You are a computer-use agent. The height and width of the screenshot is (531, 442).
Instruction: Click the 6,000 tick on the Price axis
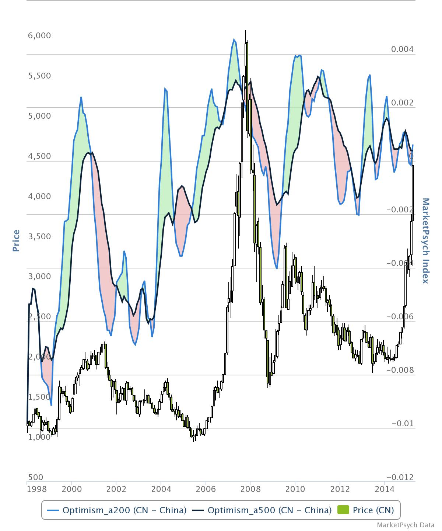(39, 36)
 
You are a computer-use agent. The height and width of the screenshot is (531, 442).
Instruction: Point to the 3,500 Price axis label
(39, 236)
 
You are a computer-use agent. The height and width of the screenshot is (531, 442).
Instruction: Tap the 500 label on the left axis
(35, 477)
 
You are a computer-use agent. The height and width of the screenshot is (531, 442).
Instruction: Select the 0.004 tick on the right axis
(402, 49)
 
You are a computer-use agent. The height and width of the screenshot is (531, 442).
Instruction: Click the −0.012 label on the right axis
(400, 477)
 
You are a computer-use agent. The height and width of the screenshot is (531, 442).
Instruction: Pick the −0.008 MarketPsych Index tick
(400, 370)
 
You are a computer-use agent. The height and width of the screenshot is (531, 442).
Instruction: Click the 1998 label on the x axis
(37, 489)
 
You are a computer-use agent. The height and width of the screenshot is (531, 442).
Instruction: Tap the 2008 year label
(250, 489)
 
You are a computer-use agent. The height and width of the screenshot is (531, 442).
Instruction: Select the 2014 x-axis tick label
(384, 489)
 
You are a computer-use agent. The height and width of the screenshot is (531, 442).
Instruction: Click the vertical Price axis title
(16, 240)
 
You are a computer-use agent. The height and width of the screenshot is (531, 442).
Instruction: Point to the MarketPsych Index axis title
(426, 240)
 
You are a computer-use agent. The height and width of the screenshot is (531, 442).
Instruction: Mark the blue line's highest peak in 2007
(234, 39)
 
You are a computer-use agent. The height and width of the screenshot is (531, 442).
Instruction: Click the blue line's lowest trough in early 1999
(51, 405)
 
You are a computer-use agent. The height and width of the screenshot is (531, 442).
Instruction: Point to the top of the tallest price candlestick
(246, 31)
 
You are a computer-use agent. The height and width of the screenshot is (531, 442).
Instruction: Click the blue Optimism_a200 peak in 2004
(165, 88)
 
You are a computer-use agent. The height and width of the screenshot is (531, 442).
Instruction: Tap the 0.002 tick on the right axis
(402, 103)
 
